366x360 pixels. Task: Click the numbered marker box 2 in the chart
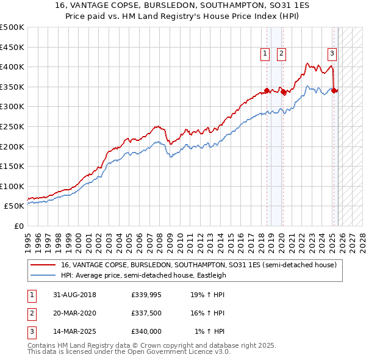281,54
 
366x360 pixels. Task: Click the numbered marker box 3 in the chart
332,54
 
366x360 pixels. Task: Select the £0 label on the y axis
18,226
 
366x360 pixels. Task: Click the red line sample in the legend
43,265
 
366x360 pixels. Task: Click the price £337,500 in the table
146,313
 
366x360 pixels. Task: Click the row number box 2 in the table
31,313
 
